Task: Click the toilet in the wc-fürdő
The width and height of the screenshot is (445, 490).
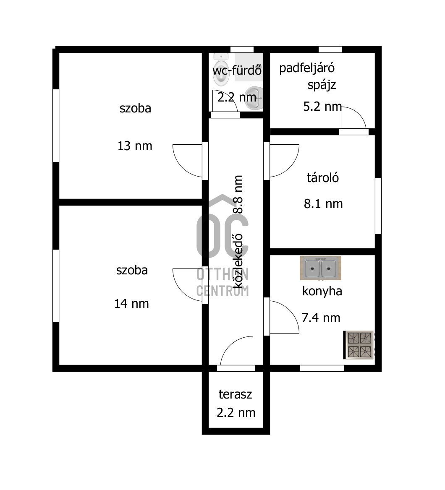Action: pos(221,70)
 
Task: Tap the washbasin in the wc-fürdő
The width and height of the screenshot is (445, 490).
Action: pos(254,98)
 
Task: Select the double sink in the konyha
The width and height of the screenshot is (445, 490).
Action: pos(321,268)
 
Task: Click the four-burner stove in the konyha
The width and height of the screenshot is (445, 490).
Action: pos(359,345)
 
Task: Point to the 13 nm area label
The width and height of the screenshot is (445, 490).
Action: pos(135,146)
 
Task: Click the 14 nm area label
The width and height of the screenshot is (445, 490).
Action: pos(131,303)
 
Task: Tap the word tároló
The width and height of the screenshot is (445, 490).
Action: pos(323,177)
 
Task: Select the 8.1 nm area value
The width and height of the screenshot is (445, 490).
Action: pos(323,204)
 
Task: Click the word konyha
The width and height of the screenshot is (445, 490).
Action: pos(322,291)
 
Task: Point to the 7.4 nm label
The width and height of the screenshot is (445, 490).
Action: pos(321,318)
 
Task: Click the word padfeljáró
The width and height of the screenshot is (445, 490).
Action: pos(307,68)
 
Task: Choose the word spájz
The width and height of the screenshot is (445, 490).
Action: pos(322,85)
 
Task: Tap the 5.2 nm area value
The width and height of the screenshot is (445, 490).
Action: pos(322,107)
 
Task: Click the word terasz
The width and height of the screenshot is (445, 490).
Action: pos(235,394)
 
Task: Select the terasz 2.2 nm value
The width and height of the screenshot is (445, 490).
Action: pos(236,413)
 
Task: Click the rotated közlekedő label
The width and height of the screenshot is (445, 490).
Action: pos(238,261)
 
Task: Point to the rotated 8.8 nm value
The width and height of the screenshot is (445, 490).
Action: pos(238,194)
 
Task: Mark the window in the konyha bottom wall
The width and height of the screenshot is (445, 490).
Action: pos(322,368)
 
